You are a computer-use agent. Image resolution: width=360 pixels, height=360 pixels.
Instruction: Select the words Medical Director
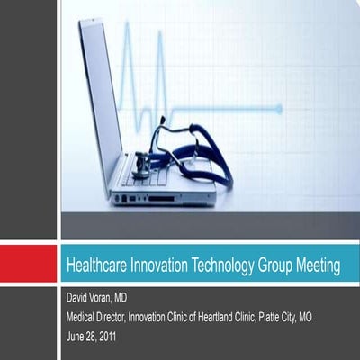tap(100, 316)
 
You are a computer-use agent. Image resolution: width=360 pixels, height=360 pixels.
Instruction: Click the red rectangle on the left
tap(29, 265)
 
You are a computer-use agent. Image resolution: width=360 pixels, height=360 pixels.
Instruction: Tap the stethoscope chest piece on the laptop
tap(141, 166)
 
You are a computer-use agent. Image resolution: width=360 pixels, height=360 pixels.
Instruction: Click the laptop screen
tap(100, 99)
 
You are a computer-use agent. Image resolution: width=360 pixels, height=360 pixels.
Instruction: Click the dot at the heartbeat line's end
tap(278, 109)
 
